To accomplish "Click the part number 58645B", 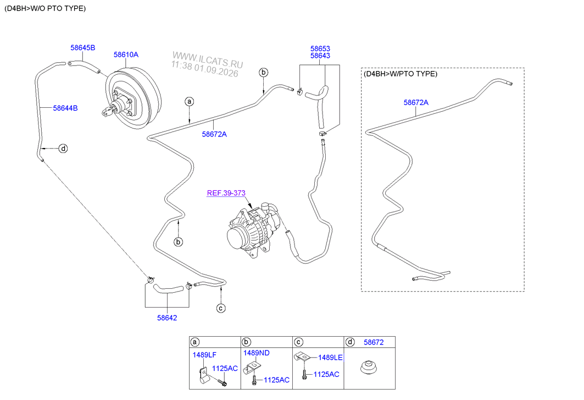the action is pos(83,48).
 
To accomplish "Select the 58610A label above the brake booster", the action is pos(126,55).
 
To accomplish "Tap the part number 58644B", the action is pos(65,108).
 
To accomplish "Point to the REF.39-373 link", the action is pos(226,193).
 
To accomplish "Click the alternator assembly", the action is pos(253,230).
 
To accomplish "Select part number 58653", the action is pos(320,48).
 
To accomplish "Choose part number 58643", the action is pos(320,56).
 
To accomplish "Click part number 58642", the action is pos(167,318).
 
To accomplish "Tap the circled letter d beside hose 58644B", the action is pos(64,149).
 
